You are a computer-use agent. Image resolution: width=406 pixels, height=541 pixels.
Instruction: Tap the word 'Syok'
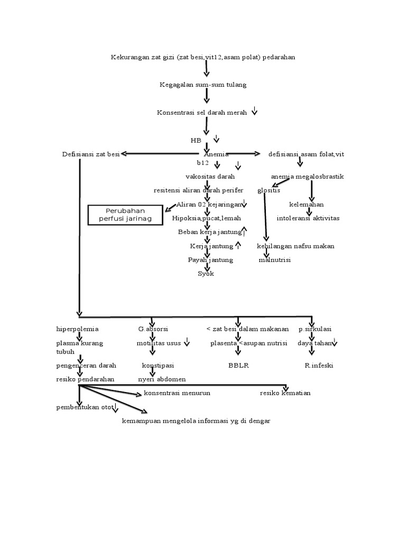click(206, 274)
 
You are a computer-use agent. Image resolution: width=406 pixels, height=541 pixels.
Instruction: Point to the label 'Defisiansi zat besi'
click(90, 154)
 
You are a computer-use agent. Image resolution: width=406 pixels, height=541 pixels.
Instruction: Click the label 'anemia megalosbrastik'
click(307, 176)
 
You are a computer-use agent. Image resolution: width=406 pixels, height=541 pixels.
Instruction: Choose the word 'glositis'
click(269, 190)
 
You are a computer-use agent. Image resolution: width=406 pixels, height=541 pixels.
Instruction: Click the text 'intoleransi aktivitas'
click(308, 218)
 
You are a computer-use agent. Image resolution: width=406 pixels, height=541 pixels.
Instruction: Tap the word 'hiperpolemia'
click(78, 329)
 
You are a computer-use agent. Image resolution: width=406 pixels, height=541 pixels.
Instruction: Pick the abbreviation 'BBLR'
click(238, 365)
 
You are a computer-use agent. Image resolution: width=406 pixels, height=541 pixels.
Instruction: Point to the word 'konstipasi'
click(158, 365)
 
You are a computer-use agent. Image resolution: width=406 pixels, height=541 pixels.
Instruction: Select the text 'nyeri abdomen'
click(162, 379)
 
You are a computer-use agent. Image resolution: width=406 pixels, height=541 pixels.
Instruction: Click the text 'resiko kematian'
click(285, 393)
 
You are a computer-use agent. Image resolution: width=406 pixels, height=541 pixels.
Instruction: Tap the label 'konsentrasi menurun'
click(177, 393)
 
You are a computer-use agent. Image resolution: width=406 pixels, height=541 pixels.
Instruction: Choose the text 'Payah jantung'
click(210, 260)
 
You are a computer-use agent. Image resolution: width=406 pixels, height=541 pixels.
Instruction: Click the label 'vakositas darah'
click(210, 176)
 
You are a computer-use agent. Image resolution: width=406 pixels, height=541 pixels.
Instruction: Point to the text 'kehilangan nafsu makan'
click(296, 246)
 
